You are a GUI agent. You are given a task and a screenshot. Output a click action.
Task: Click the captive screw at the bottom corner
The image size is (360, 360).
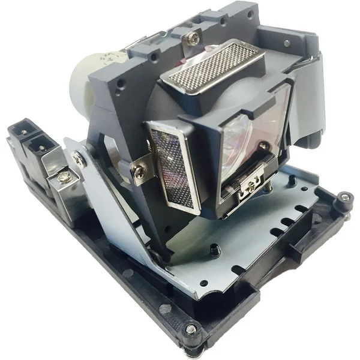(191, 329)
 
